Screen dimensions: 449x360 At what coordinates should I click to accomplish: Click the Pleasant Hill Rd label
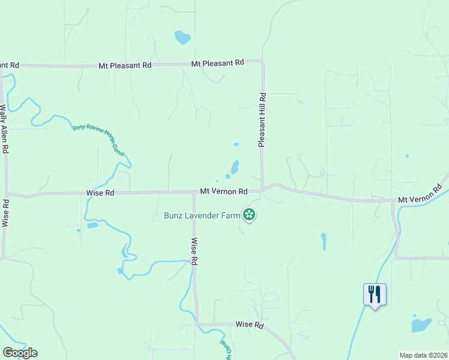pos(262,120)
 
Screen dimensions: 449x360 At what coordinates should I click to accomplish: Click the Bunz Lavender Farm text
pos(202,215)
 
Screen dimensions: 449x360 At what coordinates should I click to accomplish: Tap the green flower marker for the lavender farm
pos(249,214)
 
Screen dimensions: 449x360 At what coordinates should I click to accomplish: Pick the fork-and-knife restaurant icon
pos(375,294)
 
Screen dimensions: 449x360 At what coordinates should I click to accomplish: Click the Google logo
pos(20,353)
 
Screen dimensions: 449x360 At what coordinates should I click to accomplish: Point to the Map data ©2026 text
pos(424,355)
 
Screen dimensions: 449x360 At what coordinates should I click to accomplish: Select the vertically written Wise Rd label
pos(194,252)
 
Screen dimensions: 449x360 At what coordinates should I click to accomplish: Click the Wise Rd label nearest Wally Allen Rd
pos(100,193)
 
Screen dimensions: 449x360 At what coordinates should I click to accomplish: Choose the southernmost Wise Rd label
pos(250,325)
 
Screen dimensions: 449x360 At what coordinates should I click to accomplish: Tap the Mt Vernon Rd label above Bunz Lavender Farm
pos(224,191)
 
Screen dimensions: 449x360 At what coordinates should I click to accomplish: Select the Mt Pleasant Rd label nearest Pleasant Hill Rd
pos(218,62)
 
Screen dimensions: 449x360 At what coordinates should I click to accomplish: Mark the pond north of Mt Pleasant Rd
pos(182,38)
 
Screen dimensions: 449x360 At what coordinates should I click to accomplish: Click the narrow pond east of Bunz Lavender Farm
pos(324,241)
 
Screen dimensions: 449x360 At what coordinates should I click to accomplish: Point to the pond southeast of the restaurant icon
pos(421,325)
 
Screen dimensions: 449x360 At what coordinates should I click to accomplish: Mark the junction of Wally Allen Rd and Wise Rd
pos(7,194)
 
